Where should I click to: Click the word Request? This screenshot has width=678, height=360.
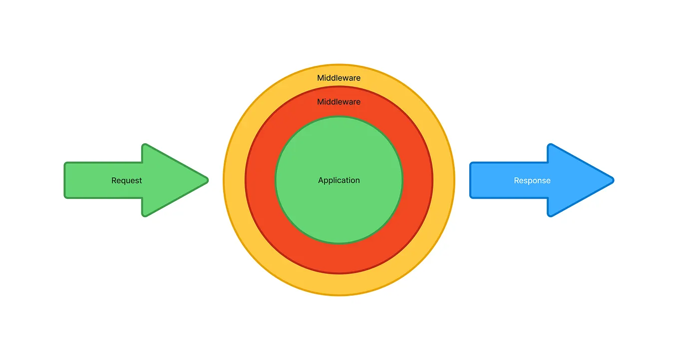(126, 181)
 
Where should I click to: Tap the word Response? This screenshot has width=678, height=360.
(532, 181)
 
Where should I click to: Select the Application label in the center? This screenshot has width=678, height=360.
(339, 180)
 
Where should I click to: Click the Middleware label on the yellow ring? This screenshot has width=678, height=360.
(339, 78)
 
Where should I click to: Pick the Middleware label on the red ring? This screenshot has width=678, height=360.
(339, 102)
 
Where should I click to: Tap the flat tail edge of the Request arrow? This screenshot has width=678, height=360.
(65, 180)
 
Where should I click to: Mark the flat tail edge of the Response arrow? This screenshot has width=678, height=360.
(471, 180)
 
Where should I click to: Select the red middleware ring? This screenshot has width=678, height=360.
(339, 257)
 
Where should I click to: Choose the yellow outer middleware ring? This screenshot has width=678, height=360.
(339, 285)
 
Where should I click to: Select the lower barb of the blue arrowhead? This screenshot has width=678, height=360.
(550, 214)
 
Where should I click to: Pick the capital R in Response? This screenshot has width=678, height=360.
(517, 181)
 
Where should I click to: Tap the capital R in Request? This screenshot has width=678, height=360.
(114, 181)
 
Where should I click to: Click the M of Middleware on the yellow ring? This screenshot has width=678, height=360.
(321, 78)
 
